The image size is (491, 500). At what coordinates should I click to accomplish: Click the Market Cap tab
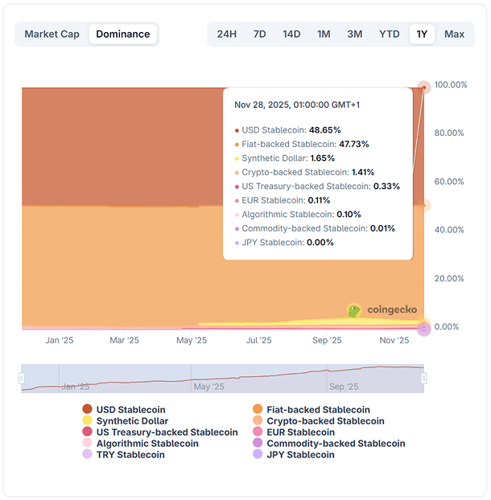click(x=52, y=34)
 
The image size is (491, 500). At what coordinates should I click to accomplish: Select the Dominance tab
click(x=123, y=34)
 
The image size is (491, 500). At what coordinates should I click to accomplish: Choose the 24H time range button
click(x=227, y=34)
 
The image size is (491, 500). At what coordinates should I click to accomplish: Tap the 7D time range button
click(x=259, y=34)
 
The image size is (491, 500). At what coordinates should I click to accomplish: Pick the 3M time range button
click(x=354, y=34)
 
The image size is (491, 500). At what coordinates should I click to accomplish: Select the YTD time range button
click(x=390, y=34)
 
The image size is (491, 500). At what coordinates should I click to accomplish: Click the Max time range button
click(x=454, y=34)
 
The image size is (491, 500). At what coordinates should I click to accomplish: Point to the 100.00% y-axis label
click(x=451, y=85)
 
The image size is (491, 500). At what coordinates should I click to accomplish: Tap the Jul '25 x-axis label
click(x=258, y=341)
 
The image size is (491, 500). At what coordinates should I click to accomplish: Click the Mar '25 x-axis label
click(x=124, y=341)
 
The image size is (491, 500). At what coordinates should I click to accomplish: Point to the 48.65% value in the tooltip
click(x=325, y=129)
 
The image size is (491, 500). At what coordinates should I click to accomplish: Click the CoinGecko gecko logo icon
click(x=354, y=309)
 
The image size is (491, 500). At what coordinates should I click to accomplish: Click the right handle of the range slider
click(x=424, y=379)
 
